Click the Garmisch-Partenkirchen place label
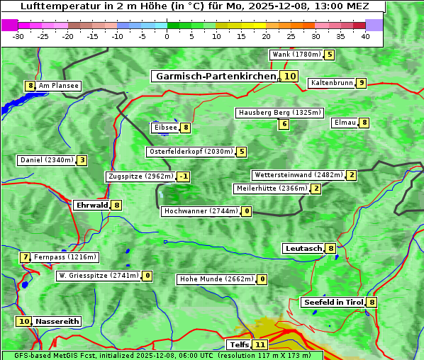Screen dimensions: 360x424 [215, 76]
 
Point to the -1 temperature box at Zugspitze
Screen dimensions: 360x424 [183, 176]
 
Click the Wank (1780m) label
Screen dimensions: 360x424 [296, 55]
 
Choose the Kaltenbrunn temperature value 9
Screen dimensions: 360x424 [361, 83]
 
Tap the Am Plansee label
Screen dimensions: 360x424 [58, 86]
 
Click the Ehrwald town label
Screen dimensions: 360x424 [91, 205]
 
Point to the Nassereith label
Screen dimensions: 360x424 [57, 321]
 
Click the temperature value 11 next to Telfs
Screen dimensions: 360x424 [260, 345]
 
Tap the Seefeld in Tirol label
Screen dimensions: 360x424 [333, 303]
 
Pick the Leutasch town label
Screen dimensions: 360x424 [303, 248]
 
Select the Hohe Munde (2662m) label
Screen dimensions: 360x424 [216, 279]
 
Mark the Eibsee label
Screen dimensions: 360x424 [164, 128]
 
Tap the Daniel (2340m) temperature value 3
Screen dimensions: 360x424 [82, 160]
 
